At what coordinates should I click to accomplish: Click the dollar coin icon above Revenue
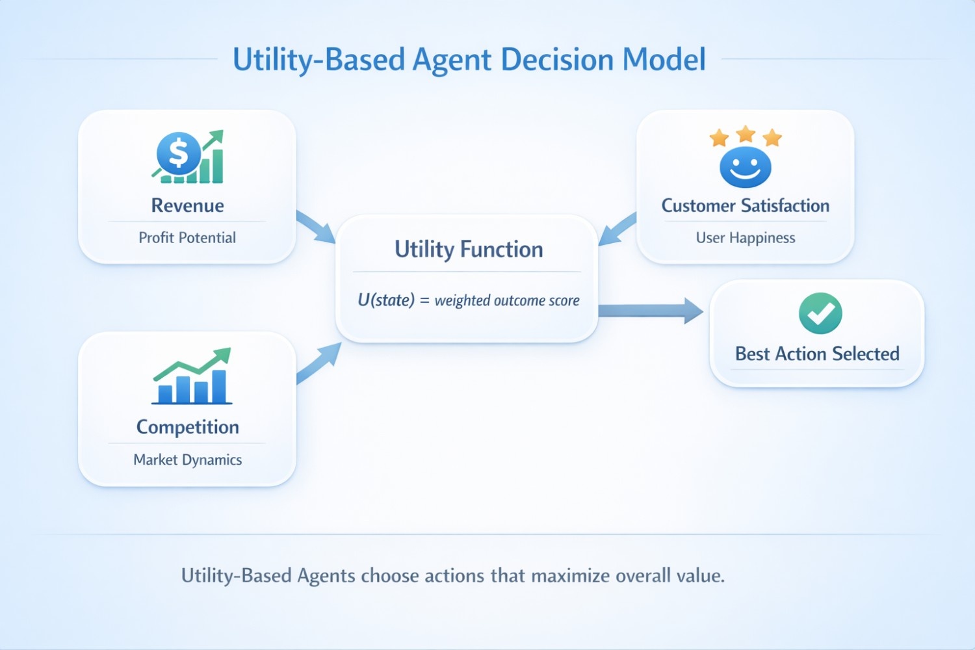[177, 153]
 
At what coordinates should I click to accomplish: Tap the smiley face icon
[745, 167]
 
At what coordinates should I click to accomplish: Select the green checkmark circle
[820, 313]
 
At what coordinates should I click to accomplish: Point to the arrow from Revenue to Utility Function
[315, 227]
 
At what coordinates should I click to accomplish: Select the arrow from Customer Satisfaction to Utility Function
[617, 229]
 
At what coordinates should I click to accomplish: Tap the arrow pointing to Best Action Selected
[650, 311]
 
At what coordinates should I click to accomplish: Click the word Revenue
[187, 205]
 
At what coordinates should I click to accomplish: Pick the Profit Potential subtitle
[187, 238]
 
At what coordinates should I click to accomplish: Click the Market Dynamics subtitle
[187, 460]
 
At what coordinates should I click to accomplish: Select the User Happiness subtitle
[745, 238]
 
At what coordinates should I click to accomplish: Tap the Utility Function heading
[469, 250]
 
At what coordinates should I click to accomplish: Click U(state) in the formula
[386, 300]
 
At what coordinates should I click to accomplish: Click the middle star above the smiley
[746, 134]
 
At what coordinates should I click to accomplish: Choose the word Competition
[187, 427]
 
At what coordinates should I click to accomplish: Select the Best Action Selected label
[817, 354]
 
